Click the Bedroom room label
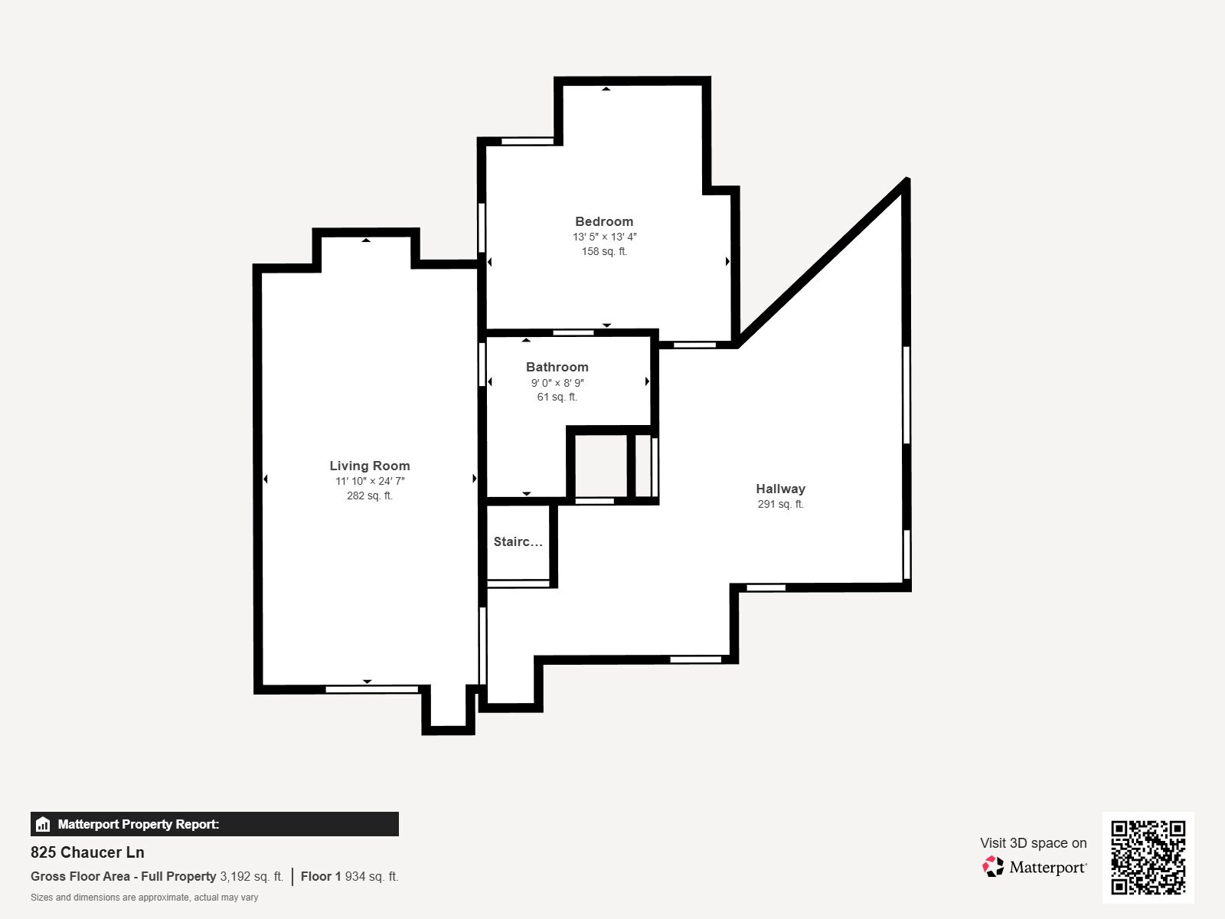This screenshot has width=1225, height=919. click(x=604, y=221)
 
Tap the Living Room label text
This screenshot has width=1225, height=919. click(x=370, y=466)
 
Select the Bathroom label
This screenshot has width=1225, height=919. click(x=557, y=367)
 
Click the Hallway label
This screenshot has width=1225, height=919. click(x=780, y=489)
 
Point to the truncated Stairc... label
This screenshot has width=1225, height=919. click(x=518, y=541)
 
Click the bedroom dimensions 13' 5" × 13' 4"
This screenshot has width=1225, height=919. click(x=604, y=237)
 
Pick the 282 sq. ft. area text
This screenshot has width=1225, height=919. click(x=370, y=495)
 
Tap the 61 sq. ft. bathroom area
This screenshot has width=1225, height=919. click(x=557, y=397)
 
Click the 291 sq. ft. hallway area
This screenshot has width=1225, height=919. click(x=780, y=504)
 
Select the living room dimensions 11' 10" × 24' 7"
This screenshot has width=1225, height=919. click(x=370, y=481)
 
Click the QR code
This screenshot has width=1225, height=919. click(x=1148, y=857)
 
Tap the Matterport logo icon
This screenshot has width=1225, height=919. click(x=993, y=867)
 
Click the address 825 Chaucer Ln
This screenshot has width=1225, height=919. click(x=87, y=852)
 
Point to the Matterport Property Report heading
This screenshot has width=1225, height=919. click(x=138, y=824)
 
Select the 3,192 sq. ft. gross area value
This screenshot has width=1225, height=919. click(x=251, y=876)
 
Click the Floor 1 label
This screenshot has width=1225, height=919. click(x=320, y=876)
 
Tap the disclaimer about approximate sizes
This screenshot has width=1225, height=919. click(x=144, y=898)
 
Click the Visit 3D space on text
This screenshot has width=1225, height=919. click(x=1033, y=842)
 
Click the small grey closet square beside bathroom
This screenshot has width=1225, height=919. click(x=601, y=466)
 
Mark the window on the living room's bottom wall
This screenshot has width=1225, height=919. click(x=372, y=689)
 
